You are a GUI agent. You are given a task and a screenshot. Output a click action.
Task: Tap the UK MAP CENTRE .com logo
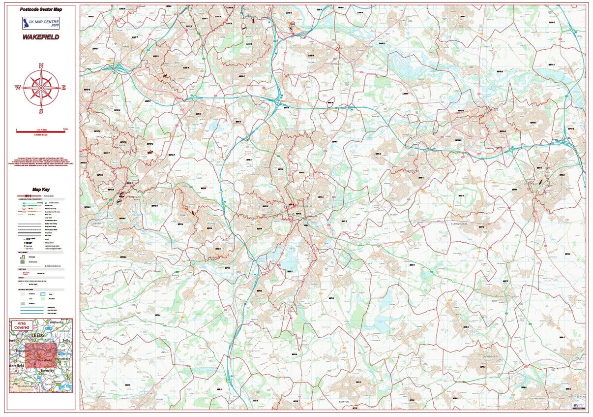tap(41, 23)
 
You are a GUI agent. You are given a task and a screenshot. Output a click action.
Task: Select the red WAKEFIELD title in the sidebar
tap(41, 37)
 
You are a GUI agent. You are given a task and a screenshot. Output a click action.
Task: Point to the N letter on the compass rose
tap(41, 65)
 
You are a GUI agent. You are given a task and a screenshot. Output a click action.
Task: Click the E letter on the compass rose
tap(64, 88)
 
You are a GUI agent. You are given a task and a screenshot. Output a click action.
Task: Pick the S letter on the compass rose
tap(41, 111)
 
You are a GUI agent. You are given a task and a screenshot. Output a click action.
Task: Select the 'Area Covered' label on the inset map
tap(22, 325)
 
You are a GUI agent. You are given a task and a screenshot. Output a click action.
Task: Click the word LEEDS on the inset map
tap(37, 335)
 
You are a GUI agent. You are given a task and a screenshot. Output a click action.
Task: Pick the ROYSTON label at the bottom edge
tap(343, 401)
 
